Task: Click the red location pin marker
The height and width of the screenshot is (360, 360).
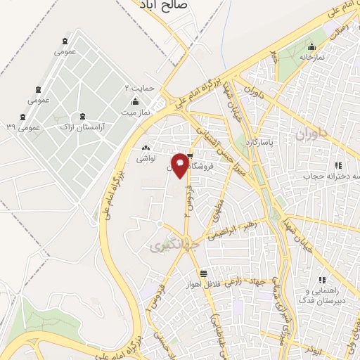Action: click(181, 165)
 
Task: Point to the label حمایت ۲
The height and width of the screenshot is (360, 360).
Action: click(138, 89)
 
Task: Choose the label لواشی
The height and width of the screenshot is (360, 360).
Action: click(146, 160)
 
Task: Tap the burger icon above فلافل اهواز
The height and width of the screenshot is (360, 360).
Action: click(203, 274)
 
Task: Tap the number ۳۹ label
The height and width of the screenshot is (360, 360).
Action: click(11, 127)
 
